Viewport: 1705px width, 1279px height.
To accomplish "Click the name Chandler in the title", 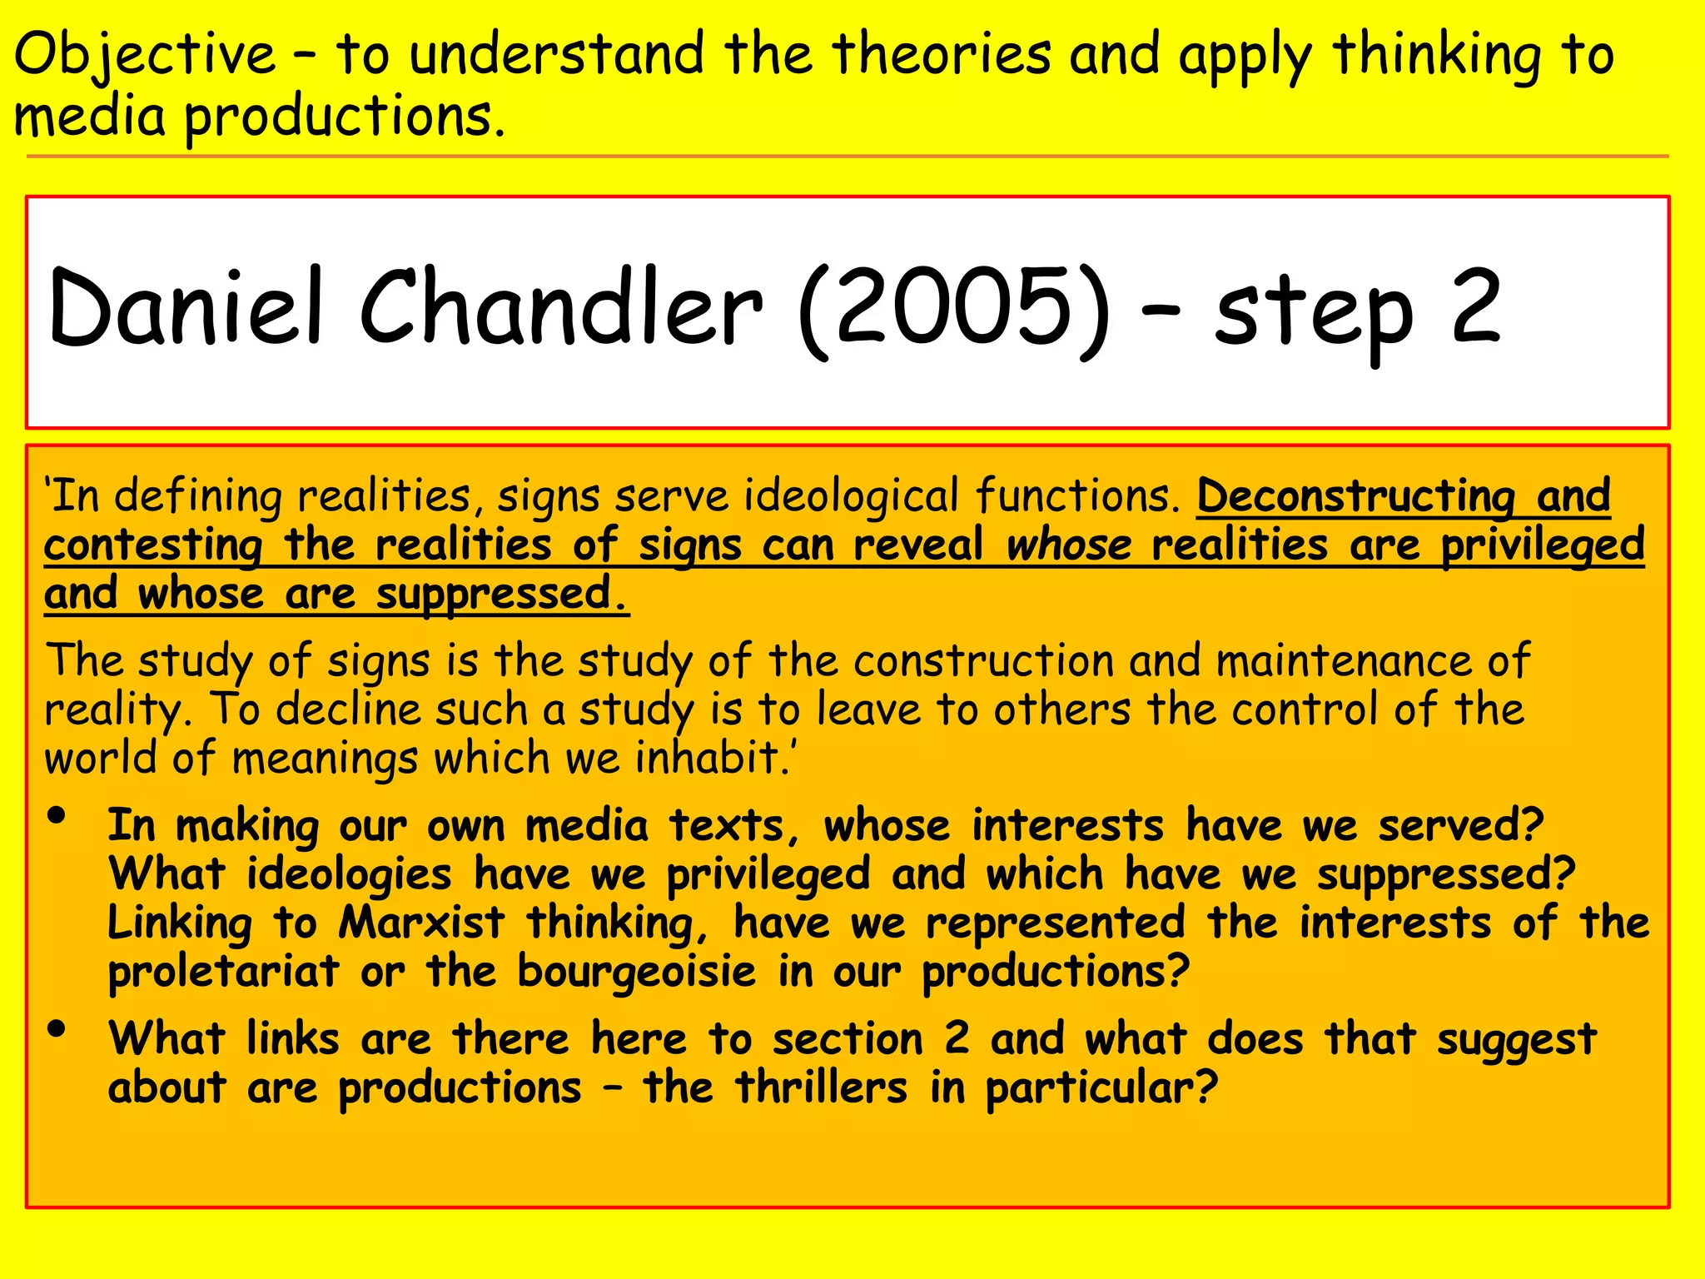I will coord(560,308).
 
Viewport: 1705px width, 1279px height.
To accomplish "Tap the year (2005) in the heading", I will coord(953,310).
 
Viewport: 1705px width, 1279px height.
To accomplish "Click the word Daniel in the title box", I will coord(186,308).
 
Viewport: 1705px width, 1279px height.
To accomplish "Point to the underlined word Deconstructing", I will coord(1355,496).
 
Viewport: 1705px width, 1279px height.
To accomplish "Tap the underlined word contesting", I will coord(153,546).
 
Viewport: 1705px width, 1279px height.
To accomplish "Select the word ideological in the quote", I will coord(851,496).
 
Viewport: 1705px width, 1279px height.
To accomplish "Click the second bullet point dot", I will coord(57,1029).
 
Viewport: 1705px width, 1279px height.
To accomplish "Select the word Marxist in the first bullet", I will coord(421,923).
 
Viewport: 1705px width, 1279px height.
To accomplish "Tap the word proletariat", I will coord(223,972).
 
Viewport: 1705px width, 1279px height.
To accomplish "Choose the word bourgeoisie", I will coord(636,972).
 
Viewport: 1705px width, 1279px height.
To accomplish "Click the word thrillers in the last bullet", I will coord(820,1088).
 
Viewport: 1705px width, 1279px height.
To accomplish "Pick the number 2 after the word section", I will coord(957,1038).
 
